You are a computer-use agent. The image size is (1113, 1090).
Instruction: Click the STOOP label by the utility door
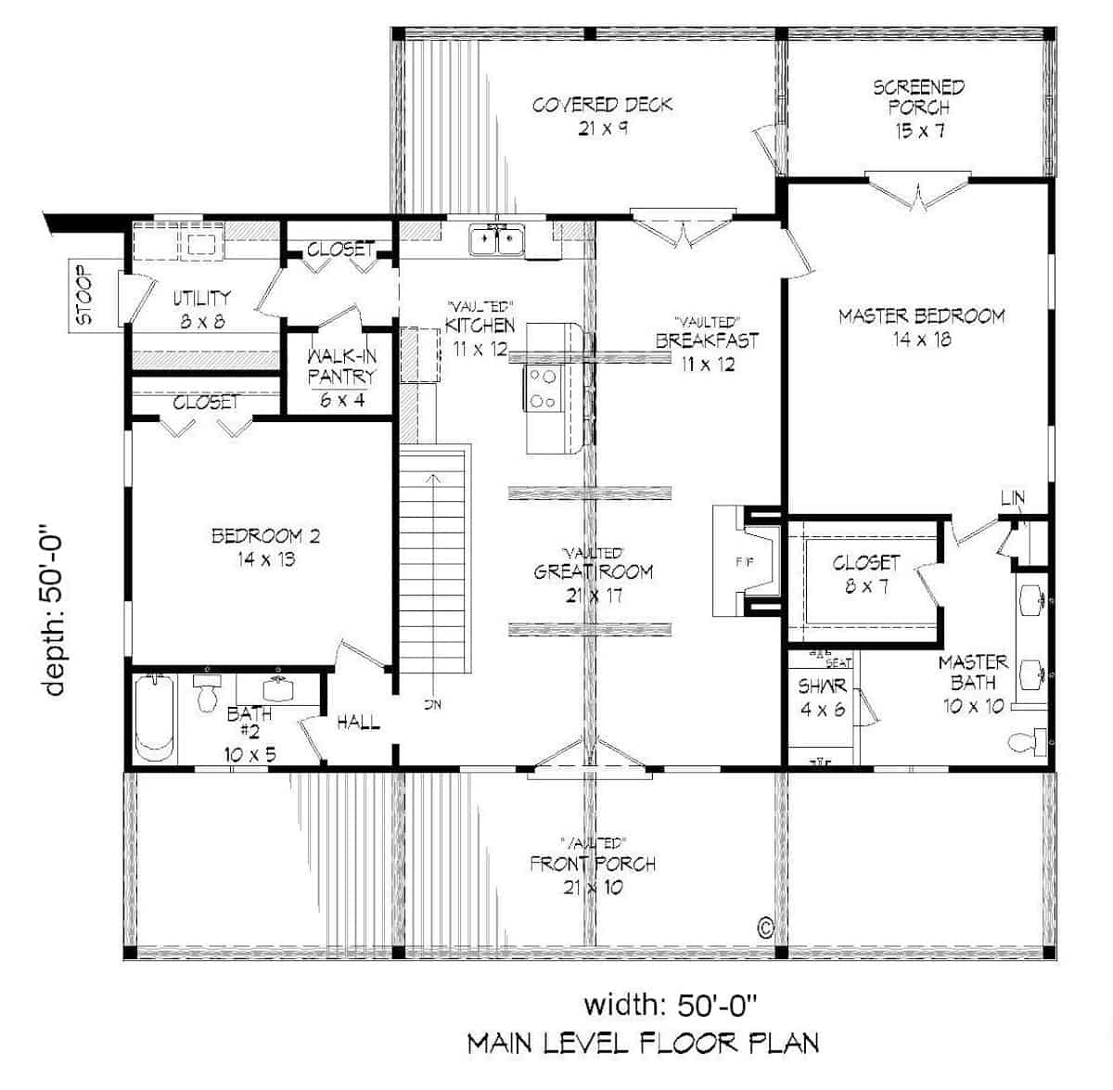[x=84, y=297]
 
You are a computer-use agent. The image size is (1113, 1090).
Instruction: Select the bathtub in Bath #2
[x=155, y=718]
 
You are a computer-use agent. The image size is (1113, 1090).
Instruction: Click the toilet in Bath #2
[x=207, y=691]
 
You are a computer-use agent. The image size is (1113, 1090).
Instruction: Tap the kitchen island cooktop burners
[x=543, y=389]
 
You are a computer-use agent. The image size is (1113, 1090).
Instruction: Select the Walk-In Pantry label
[x=341, y=365]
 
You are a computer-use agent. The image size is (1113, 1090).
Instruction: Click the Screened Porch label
[x=918, y=97]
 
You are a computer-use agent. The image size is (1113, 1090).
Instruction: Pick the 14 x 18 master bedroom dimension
[x=922, y=340]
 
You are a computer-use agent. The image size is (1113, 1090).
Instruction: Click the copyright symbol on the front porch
[x=766, y=926]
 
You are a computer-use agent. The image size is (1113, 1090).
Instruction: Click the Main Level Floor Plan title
[x=643, y=1043]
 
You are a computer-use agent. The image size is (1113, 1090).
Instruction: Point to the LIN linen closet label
[x=1013, y=499]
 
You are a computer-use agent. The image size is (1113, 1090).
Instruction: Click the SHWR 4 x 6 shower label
[x=822, y=698]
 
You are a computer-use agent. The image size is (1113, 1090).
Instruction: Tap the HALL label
[x=358, y=722]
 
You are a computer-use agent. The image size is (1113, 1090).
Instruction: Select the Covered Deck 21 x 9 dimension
[x=603, y=128]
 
